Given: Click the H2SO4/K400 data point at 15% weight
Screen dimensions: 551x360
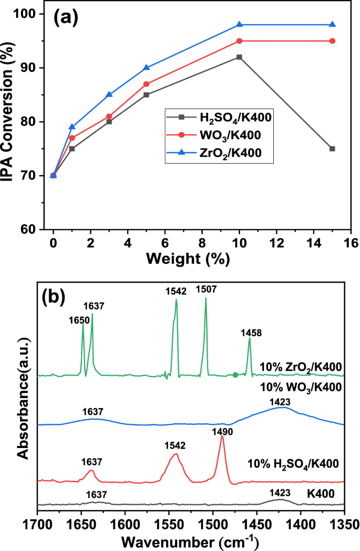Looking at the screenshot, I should click(332, 149).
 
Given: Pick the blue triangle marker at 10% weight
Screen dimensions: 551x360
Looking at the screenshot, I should click(239, 25).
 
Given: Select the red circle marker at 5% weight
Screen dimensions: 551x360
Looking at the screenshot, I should click(146, 84).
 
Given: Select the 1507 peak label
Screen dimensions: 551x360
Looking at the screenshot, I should click(205, 289).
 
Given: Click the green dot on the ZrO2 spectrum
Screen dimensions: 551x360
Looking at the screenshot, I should click(235, 375).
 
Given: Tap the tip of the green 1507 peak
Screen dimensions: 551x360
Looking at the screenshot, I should click(205, 298).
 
